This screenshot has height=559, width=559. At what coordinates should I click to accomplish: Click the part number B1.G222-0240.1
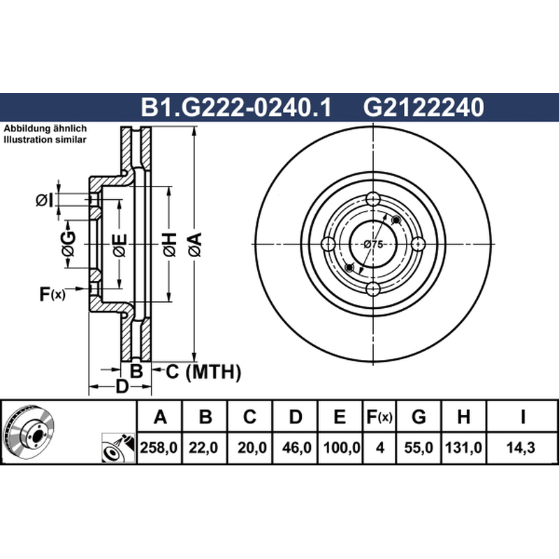click(236, 107)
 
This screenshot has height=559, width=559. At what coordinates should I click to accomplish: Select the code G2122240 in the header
click(423, 107)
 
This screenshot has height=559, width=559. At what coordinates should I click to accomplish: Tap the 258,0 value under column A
click(159, 447)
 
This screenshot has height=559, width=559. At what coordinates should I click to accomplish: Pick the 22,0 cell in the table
click(203, 447)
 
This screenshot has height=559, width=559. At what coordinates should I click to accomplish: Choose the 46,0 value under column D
click(296, 447)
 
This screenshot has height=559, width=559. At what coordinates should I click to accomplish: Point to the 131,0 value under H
click(463, 447)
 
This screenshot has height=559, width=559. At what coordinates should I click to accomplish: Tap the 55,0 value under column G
click(419, 447)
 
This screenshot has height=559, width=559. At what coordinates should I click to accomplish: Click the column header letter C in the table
click(249, 416)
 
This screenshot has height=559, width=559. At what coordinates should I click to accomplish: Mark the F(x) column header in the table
click(379, 416)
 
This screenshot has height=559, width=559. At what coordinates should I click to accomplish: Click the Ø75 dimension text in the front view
click(373, 245)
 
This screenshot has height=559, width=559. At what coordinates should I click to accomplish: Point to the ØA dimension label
click(196, 245)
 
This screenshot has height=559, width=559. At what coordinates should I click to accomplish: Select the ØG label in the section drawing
click(68, 244)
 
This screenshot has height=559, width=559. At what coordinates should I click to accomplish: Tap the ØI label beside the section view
click(45, 201)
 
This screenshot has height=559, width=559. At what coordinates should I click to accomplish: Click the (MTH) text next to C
click(214, 372)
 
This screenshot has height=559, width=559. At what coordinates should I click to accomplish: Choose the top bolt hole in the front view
click(373, 199)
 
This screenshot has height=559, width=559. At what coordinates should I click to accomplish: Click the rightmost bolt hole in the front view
click(419, 245)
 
